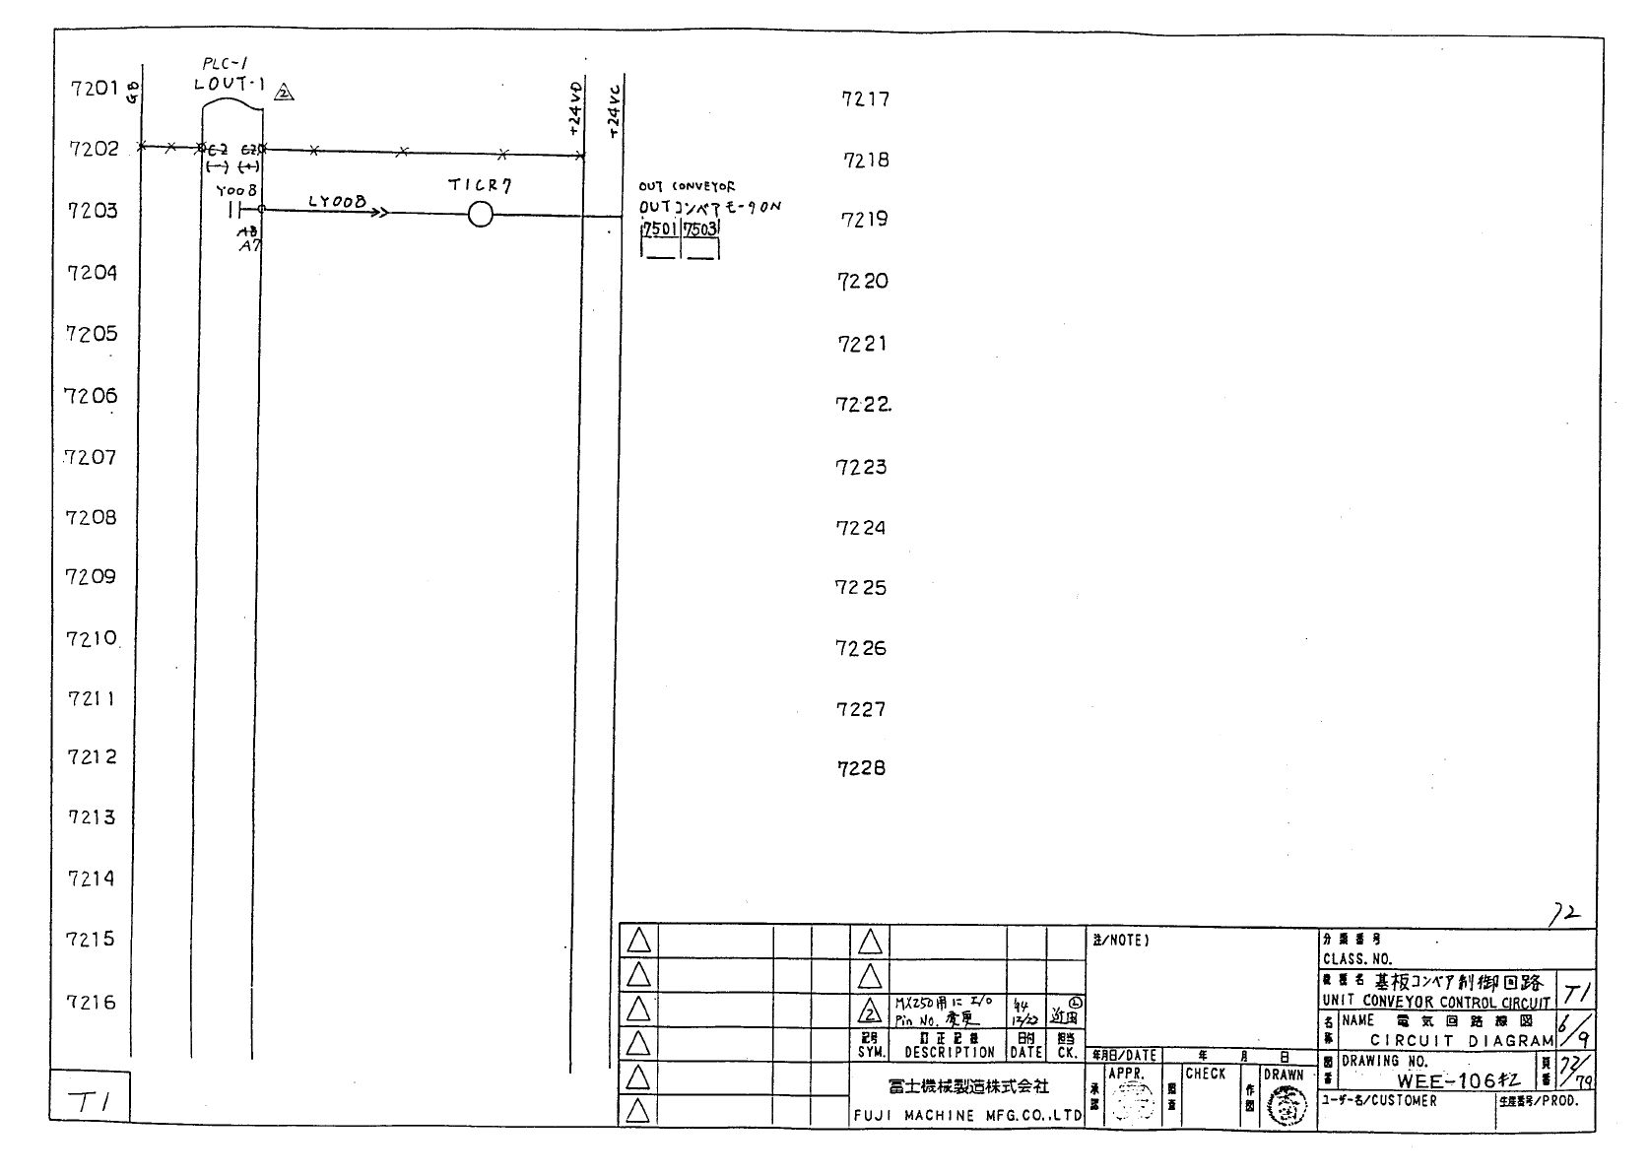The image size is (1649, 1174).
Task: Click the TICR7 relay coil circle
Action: click(480, 214)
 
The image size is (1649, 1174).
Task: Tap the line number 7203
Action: click(92, 211)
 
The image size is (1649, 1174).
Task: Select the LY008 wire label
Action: click(336, 202)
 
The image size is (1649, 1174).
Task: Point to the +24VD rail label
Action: click(574, 108)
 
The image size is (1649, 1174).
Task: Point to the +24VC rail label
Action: click(615, 110)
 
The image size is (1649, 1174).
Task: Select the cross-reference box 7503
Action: click(701, 230)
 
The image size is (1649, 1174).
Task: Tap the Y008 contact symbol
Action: click(234, 210)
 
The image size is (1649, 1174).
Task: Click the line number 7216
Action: click(91, 1003)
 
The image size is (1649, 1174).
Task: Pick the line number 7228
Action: click(861, 768)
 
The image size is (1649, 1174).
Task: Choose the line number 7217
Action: click(865, 98)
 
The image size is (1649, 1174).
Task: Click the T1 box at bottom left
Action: click(90, 1102)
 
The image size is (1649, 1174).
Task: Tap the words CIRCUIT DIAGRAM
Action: click(1462, 1040)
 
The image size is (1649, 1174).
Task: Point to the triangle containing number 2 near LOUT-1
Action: click(284, 94)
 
